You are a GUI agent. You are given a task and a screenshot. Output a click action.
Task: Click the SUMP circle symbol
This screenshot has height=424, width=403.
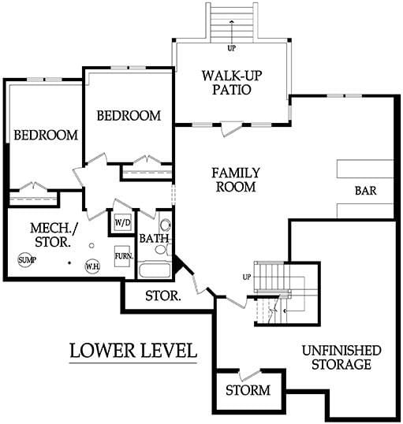25,260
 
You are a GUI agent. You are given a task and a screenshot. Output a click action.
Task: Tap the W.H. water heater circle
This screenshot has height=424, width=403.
92,266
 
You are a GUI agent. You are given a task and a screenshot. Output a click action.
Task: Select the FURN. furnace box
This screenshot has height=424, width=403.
123,256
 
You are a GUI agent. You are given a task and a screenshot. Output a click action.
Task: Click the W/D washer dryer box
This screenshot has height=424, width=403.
122,222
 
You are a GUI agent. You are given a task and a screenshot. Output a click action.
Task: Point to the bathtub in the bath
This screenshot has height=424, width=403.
155,270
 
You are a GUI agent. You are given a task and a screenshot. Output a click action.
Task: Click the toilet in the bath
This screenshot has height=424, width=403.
163,250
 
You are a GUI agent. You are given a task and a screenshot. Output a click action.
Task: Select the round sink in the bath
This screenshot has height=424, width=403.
165,225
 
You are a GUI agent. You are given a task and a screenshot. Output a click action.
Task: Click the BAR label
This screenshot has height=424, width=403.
365,191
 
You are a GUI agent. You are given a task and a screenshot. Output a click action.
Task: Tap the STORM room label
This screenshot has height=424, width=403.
248,390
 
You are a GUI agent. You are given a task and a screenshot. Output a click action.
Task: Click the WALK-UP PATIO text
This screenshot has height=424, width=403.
232,83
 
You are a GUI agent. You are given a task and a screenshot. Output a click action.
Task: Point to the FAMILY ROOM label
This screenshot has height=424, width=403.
236,180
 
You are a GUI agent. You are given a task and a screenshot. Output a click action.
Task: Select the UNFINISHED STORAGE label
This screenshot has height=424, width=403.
341,358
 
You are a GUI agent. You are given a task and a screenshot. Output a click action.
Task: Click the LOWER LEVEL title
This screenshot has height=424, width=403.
133,351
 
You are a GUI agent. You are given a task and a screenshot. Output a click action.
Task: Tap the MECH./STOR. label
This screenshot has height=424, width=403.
54,235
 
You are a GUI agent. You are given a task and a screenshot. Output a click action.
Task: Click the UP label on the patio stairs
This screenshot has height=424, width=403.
231,48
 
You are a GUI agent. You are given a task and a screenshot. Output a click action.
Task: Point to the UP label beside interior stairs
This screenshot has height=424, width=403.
247,277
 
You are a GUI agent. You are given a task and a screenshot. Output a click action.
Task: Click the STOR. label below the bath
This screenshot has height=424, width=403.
163,296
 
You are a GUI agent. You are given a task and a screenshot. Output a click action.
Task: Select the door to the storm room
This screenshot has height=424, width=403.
250,375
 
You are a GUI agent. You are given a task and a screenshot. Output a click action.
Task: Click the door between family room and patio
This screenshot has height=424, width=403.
231,129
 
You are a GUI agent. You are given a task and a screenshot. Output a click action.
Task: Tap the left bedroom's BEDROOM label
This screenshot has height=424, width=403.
46,135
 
